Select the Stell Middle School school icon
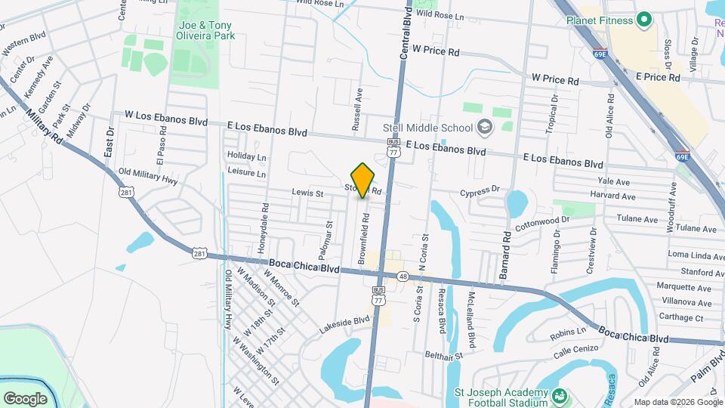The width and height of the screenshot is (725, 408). pos(484,127)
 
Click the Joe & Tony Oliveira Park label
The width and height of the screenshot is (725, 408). pos(205,30)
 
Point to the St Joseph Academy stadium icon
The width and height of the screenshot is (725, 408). pos(560,395)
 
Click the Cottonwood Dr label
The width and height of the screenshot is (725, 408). pos(541,223)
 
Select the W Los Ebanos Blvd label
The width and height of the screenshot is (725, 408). pos(166,118)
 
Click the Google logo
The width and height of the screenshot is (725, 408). pos(25,398)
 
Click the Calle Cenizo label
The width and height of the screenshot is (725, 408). pos(575,351)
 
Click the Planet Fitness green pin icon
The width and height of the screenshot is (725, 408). pos(644,19)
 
